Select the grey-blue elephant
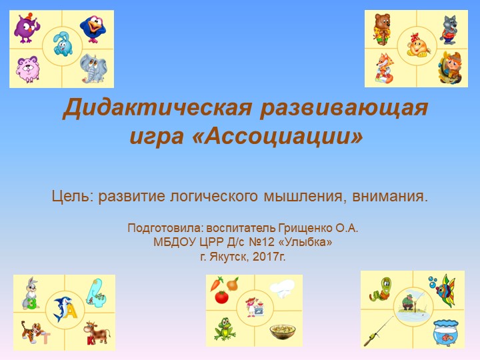93,67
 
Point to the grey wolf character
447,28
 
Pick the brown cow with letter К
97,331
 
